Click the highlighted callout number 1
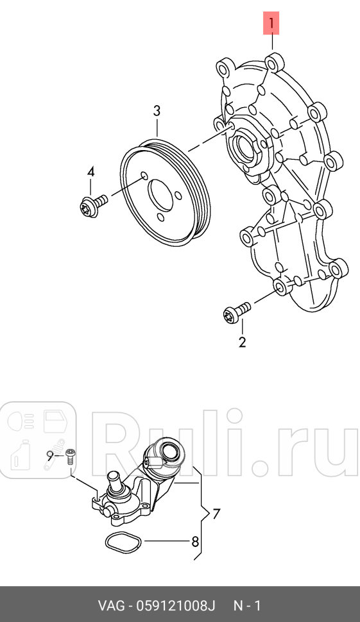271,23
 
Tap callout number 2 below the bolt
242,342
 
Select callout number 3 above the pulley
157,111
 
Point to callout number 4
91,172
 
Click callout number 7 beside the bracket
216,514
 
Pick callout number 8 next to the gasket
195,541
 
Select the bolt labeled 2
237,312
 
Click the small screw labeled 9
71,457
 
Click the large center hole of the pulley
161,198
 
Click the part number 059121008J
176,606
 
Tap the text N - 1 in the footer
247,606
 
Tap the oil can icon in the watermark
21,455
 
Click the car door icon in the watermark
55,421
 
